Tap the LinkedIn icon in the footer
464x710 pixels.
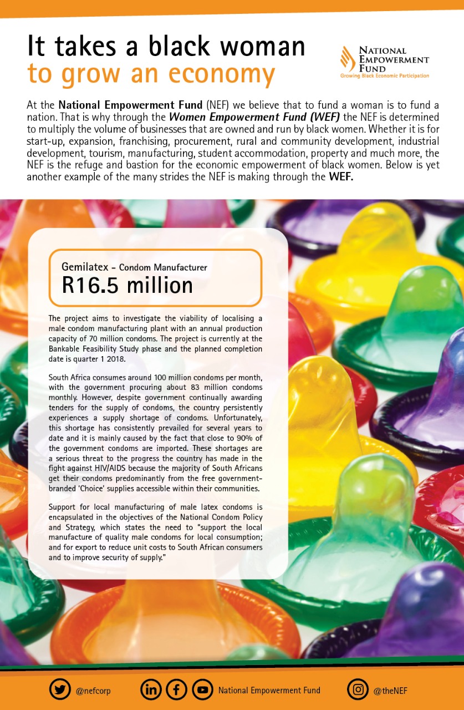pyautogui.click(x=151, y=690)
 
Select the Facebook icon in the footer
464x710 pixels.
pyautogui.click(x=176, y=690)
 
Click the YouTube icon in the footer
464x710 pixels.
pyautogui.click(x=202, y=690)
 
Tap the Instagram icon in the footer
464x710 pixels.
pyautogui.click(x=358, y=690)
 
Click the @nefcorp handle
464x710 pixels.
pyautogui.click(x=93, y=691)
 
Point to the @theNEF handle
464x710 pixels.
pyautogui.click(x=392, y=691)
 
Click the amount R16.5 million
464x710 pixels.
pyautogui.click(x=127, y=285)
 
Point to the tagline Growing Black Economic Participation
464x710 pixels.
pyautogui.click(x=384, y=75)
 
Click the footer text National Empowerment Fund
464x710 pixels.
pyautogui.click(x=269, y=691)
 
